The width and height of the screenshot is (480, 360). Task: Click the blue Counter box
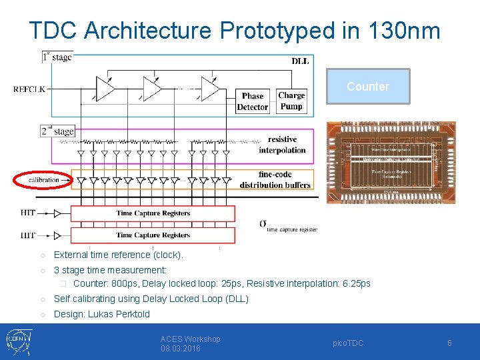368,86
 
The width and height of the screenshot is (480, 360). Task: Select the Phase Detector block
253,101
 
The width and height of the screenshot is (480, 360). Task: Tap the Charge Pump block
291,101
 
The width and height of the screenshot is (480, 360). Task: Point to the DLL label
300,61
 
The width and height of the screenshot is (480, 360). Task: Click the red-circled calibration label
44,179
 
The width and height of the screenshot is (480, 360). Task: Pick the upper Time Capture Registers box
153,213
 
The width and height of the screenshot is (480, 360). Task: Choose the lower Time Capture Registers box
153,235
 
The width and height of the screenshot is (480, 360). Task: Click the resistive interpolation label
282,145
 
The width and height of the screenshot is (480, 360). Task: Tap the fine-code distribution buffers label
275,180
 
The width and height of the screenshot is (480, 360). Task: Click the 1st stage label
57,57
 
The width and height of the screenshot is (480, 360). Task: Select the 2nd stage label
57,131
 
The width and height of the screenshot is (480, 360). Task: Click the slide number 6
449,343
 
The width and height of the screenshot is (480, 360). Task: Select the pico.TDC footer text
348,343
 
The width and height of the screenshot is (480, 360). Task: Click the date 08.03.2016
180,349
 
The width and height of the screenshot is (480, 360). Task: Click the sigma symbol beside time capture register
263,224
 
